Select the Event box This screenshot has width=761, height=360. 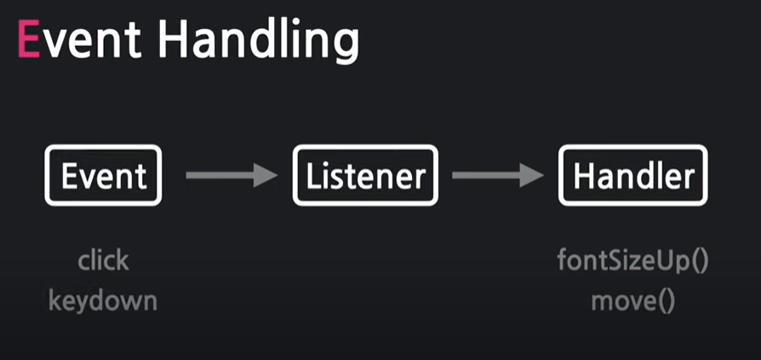click(103, 176)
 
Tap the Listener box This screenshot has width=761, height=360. click(365, 176)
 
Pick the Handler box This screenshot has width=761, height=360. click(633, 176)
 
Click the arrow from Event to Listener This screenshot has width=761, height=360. click(230, 176)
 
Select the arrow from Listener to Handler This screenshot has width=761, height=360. click(496, 176)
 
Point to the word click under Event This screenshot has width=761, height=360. click(103, 260)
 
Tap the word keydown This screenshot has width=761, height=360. click(103, 300)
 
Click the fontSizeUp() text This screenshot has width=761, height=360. click(633, 260)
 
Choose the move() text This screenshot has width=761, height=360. click(633, 300)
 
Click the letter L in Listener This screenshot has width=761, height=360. click(313, 176)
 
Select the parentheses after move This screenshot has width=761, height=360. click(666, 300)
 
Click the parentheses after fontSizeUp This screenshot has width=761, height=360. click(699, 260)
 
